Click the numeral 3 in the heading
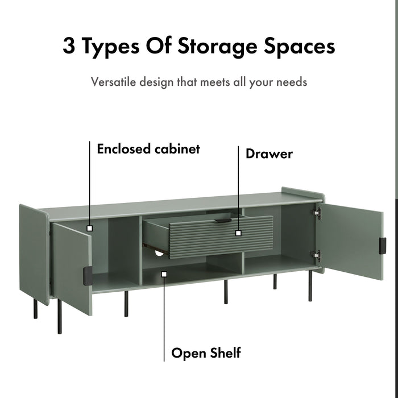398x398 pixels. coord(69,46)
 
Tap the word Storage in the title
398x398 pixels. coord(217,48)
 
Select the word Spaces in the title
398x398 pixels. coord(300,48)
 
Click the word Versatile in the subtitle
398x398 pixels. coord(114,82)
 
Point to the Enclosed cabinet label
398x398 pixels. coord(148,149)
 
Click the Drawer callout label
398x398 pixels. coord(269,154)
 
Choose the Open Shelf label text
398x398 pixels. coord(206,353)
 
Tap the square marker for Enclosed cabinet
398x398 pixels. coord(90,229)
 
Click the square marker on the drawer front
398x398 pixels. coord(238,233)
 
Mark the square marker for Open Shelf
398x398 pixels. coord(164,274)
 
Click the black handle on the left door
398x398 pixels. coord(88,276)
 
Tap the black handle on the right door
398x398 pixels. coord(383,246)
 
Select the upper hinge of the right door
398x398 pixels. coord(317,213)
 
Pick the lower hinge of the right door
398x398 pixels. coord(316,255)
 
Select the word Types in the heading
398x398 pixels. coord(111,48)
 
